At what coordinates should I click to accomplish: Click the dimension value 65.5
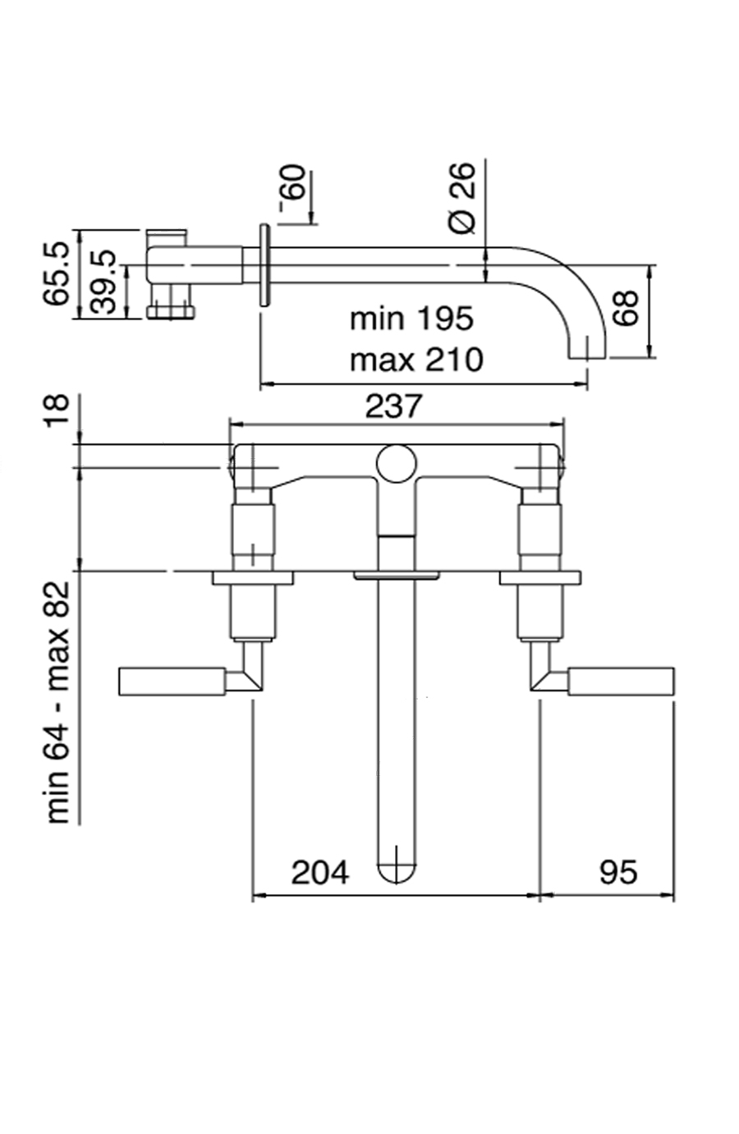tap(57, 273)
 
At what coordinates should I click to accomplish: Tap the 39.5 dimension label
tap(103, 282)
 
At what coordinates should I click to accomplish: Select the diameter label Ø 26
tap(462, 197)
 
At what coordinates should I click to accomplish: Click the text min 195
tap(411, 319)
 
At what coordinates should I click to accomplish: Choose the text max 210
tap(416, 359)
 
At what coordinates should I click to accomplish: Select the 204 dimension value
tap(320, 872)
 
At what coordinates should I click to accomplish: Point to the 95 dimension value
tap(617, 872)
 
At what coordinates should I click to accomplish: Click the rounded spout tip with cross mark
tap(397, 867)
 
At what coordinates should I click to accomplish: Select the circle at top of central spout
tap(397, 464)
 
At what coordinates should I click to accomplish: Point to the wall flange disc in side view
tap(264, 265)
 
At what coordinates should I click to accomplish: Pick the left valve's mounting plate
tap(252, 578)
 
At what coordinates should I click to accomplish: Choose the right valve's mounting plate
tap(540, 578)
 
